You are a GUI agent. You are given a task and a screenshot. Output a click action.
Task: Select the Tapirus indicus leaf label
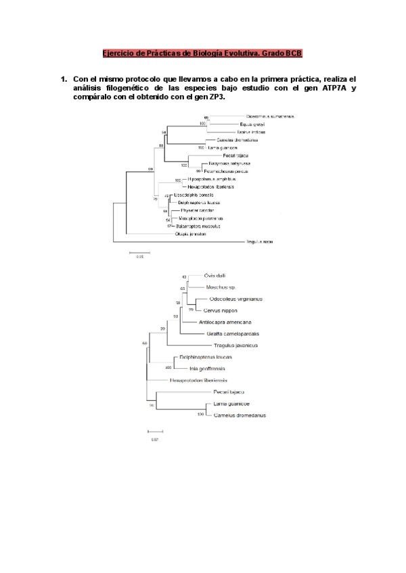point(250,132)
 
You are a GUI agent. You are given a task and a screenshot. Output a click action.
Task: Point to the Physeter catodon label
point(192,210)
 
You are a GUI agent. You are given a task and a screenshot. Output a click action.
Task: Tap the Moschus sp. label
point(218,287)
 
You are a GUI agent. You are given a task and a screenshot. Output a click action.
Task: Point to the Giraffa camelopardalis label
point(233,333)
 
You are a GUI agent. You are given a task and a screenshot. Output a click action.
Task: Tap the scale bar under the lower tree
point(155,431)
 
